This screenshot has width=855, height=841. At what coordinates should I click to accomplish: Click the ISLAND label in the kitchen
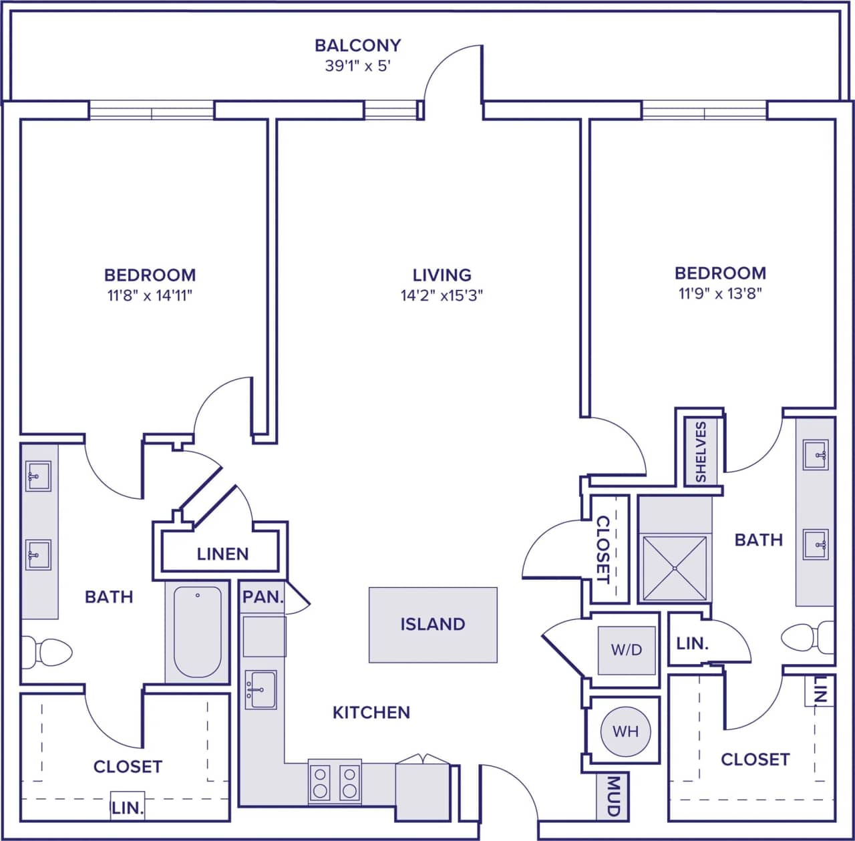[432, 624]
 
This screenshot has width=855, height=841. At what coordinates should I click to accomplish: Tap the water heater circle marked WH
[625, 731]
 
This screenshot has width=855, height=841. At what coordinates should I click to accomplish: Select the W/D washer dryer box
[626, 649]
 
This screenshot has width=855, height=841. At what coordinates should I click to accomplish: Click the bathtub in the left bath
[197, 632]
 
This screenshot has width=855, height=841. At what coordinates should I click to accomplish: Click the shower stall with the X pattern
[675, 567]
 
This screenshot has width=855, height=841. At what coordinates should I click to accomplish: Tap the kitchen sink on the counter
[261, 689]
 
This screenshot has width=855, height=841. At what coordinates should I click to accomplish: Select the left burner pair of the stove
[321, 782]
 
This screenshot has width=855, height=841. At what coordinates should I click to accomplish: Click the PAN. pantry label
[263, 597]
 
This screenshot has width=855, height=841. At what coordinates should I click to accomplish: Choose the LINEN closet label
[222, 554]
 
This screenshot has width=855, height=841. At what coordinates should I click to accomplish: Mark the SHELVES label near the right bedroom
[701, 452]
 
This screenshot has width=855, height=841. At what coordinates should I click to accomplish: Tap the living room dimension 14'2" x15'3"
[442, 295]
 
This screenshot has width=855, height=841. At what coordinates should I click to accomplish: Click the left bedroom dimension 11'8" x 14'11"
[150, 295]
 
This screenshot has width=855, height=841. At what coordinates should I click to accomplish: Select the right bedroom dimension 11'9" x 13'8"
[720, 293]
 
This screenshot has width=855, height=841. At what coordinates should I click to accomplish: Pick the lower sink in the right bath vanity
[816, 544]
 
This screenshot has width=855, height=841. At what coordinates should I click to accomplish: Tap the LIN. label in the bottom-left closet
[128, 808]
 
